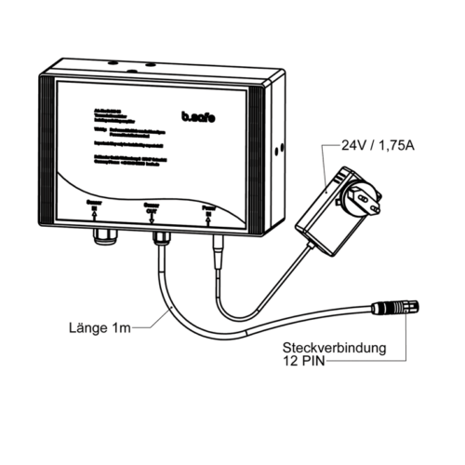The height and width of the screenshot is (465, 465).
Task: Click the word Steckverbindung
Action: (x=335, y=350)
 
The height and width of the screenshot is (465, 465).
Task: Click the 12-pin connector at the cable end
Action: (x=395, y=306)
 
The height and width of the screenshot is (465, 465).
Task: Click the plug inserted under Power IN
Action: (x=218, y=246)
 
